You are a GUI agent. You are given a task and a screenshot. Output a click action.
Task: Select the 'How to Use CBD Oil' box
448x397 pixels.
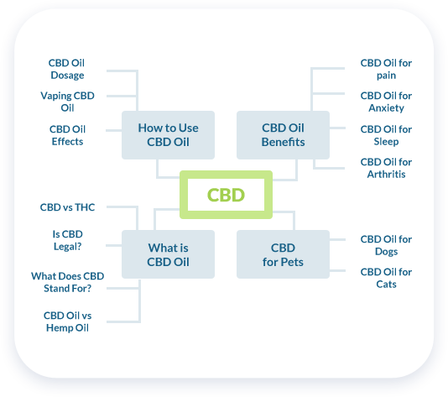(x=168, y=135)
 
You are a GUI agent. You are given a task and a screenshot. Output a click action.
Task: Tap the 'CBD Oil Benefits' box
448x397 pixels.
(x=283, y=135)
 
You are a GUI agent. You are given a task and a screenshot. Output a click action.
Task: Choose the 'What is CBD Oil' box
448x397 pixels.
(x=168, y=254)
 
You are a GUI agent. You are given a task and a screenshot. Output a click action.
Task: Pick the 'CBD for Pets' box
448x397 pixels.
(x=283, y=254)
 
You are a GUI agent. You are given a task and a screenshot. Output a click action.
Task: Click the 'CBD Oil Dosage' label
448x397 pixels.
(x=67, y=69)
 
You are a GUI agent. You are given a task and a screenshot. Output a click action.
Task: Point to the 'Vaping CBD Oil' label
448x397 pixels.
(x=67, y=102)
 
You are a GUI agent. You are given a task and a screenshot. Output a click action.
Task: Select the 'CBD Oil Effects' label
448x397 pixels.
(x=67, y=135)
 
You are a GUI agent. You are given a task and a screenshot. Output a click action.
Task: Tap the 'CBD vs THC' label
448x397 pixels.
(x=67, y=207)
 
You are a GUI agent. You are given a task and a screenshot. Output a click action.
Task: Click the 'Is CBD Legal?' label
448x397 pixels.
(x=68, y=240)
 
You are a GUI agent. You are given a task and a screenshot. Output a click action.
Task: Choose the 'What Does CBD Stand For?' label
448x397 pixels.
(x=67, y=282)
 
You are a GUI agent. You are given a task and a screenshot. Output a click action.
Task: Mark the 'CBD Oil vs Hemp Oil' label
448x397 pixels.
(x=67, y=321)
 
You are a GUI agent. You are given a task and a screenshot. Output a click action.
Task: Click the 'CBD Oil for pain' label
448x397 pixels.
(x=386, y=69)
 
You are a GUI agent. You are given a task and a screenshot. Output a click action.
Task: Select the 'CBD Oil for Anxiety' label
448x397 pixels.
(x=386, y=102)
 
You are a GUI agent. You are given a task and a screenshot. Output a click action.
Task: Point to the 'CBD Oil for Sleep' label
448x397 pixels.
(x=386, y=135)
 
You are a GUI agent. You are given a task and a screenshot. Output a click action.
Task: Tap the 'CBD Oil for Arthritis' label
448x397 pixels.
(x=386, y=168)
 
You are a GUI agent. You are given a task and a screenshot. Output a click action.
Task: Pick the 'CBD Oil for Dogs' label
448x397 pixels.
(x=386, y=245)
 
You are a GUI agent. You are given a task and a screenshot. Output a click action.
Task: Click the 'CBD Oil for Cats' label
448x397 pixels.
(x=386, y=278)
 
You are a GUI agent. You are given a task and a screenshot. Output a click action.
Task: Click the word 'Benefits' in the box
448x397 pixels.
(x=283, y=142)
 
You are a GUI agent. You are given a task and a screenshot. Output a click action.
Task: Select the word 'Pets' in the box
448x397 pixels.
(x=292, y=262)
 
